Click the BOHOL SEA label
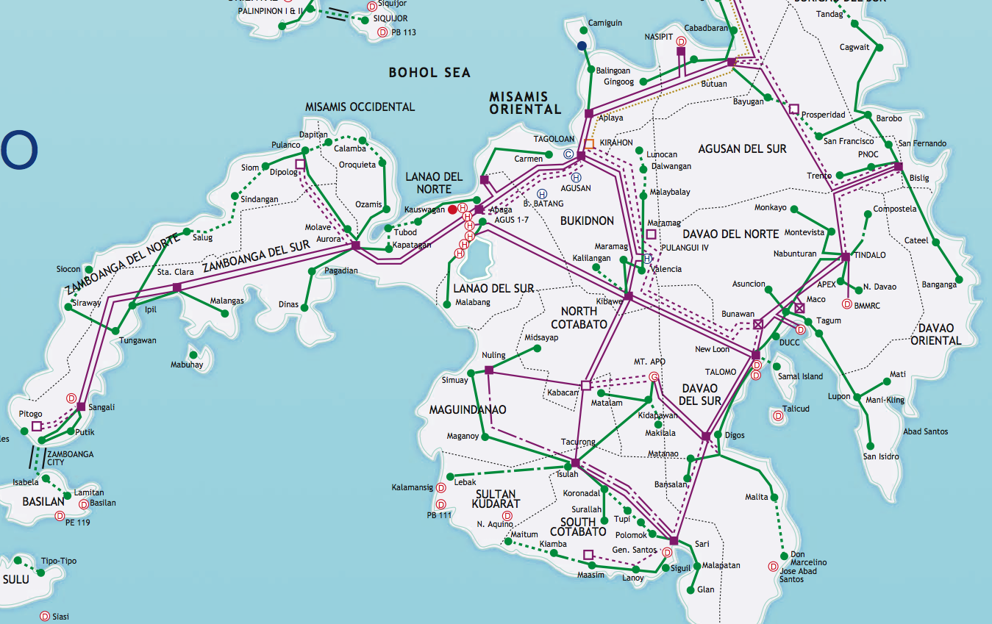point(429,73)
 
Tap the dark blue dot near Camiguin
point(582,46)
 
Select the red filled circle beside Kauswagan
point(453,209)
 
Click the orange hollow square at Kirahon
point(589,143)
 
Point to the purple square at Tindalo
point(845,257)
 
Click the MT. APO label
point(649,362)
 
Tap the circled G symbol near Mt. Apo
point(653,378)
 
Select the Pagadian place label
point(341,271)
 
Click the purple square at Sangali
point(81,406)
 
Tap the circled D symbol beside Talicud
point(777,416)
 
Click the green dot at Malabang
point(448,303)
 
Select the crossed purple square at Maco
point(800,308)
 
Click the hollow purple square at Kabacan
point(586,384)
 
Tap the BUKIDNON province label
point(587,220)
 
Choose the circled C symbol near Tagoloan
point(568,154)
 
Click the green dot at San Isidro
point(871,446)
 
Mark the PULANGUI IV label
point(685,248)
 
